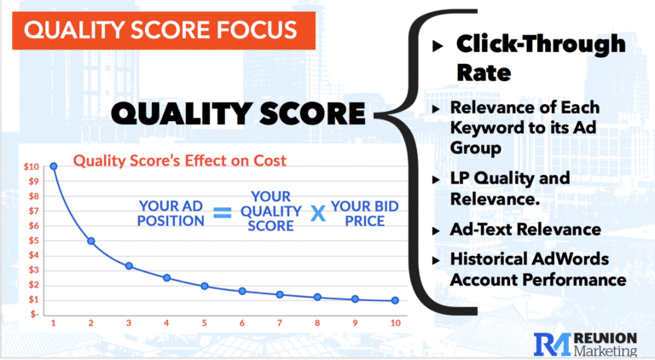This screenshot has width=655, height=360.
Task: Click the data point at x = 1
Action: pyautogui.click(x=54, y=165)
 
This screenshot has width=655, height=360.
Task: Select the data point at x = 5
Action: pyautogui.click(x=205, y=286)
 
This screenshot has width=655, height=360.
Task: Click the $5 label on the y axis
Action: pyautogui.click(x=32, y=240)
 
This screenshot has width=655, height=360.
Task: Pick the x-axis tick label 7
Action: pyautogui.click(x=281, y=323)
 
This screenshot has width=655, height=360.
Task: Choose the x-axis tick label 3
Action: pyautogui.click(x=129, y=323)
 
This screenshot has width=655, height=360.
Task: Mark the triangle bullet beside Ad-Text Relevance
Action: pyautogui.click(x=438, y=230)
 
